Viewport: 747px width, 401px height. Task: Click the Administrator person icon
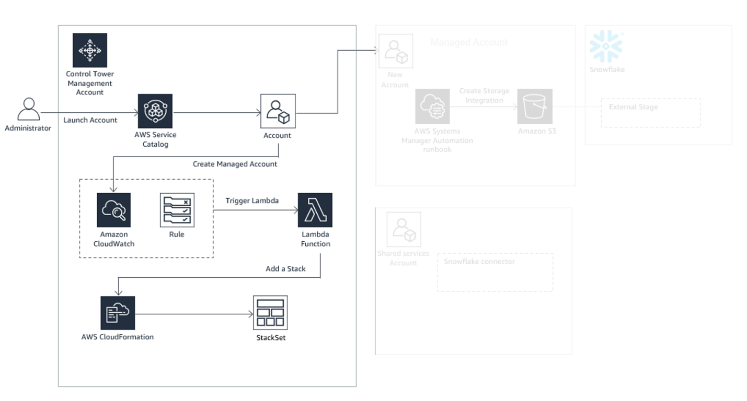[x=28, y=110]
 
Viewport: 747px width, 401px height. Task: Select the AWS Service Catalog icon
[x=155, y=111]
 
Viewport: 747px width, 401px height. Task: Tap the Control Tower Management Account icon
[x=89, y=50]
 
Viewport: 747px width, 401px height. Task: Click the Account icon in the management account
[x=278, y=111]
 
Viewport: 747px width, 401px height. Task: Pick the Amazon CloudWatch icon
[x=113, y=210]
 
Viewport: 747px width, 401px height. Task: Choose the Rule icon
[x=177, y=210]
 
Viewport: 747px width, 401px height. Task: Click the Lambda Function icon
[x=315, y=210]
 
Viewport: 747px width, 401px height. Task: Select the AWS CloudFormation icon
[x=118, y=313]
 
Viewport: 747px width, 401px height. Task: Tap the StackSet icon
[x=270, y=313]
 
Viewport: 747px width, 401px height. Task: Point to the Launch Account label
[x=90, y=120]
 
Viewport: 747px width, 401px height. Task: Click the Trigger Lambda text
[x=252, y=200]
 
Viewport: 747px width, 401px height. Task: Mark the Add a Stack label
[x=285, y=269]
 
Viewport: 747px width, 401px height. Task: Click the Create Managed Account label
[x=235, y=164]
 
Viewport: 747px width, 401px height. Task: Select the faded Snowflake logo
[x=606, y=47]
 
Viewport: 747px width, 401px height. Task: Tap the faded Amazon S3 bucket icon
[x=535, y=106]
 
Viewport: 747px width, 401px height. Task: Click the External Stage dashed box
[x=650, y=113]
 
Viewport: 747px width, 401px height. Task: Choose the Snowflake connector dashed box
[x=495, y=272]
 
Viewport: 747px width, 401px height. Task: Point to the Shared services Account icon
[x=404, y=229]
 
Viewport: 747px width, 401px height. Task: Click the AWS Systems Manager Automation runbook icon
[x=432, y=106]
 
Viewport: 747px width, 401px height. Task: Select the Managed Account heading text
[x=469, y=42]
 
